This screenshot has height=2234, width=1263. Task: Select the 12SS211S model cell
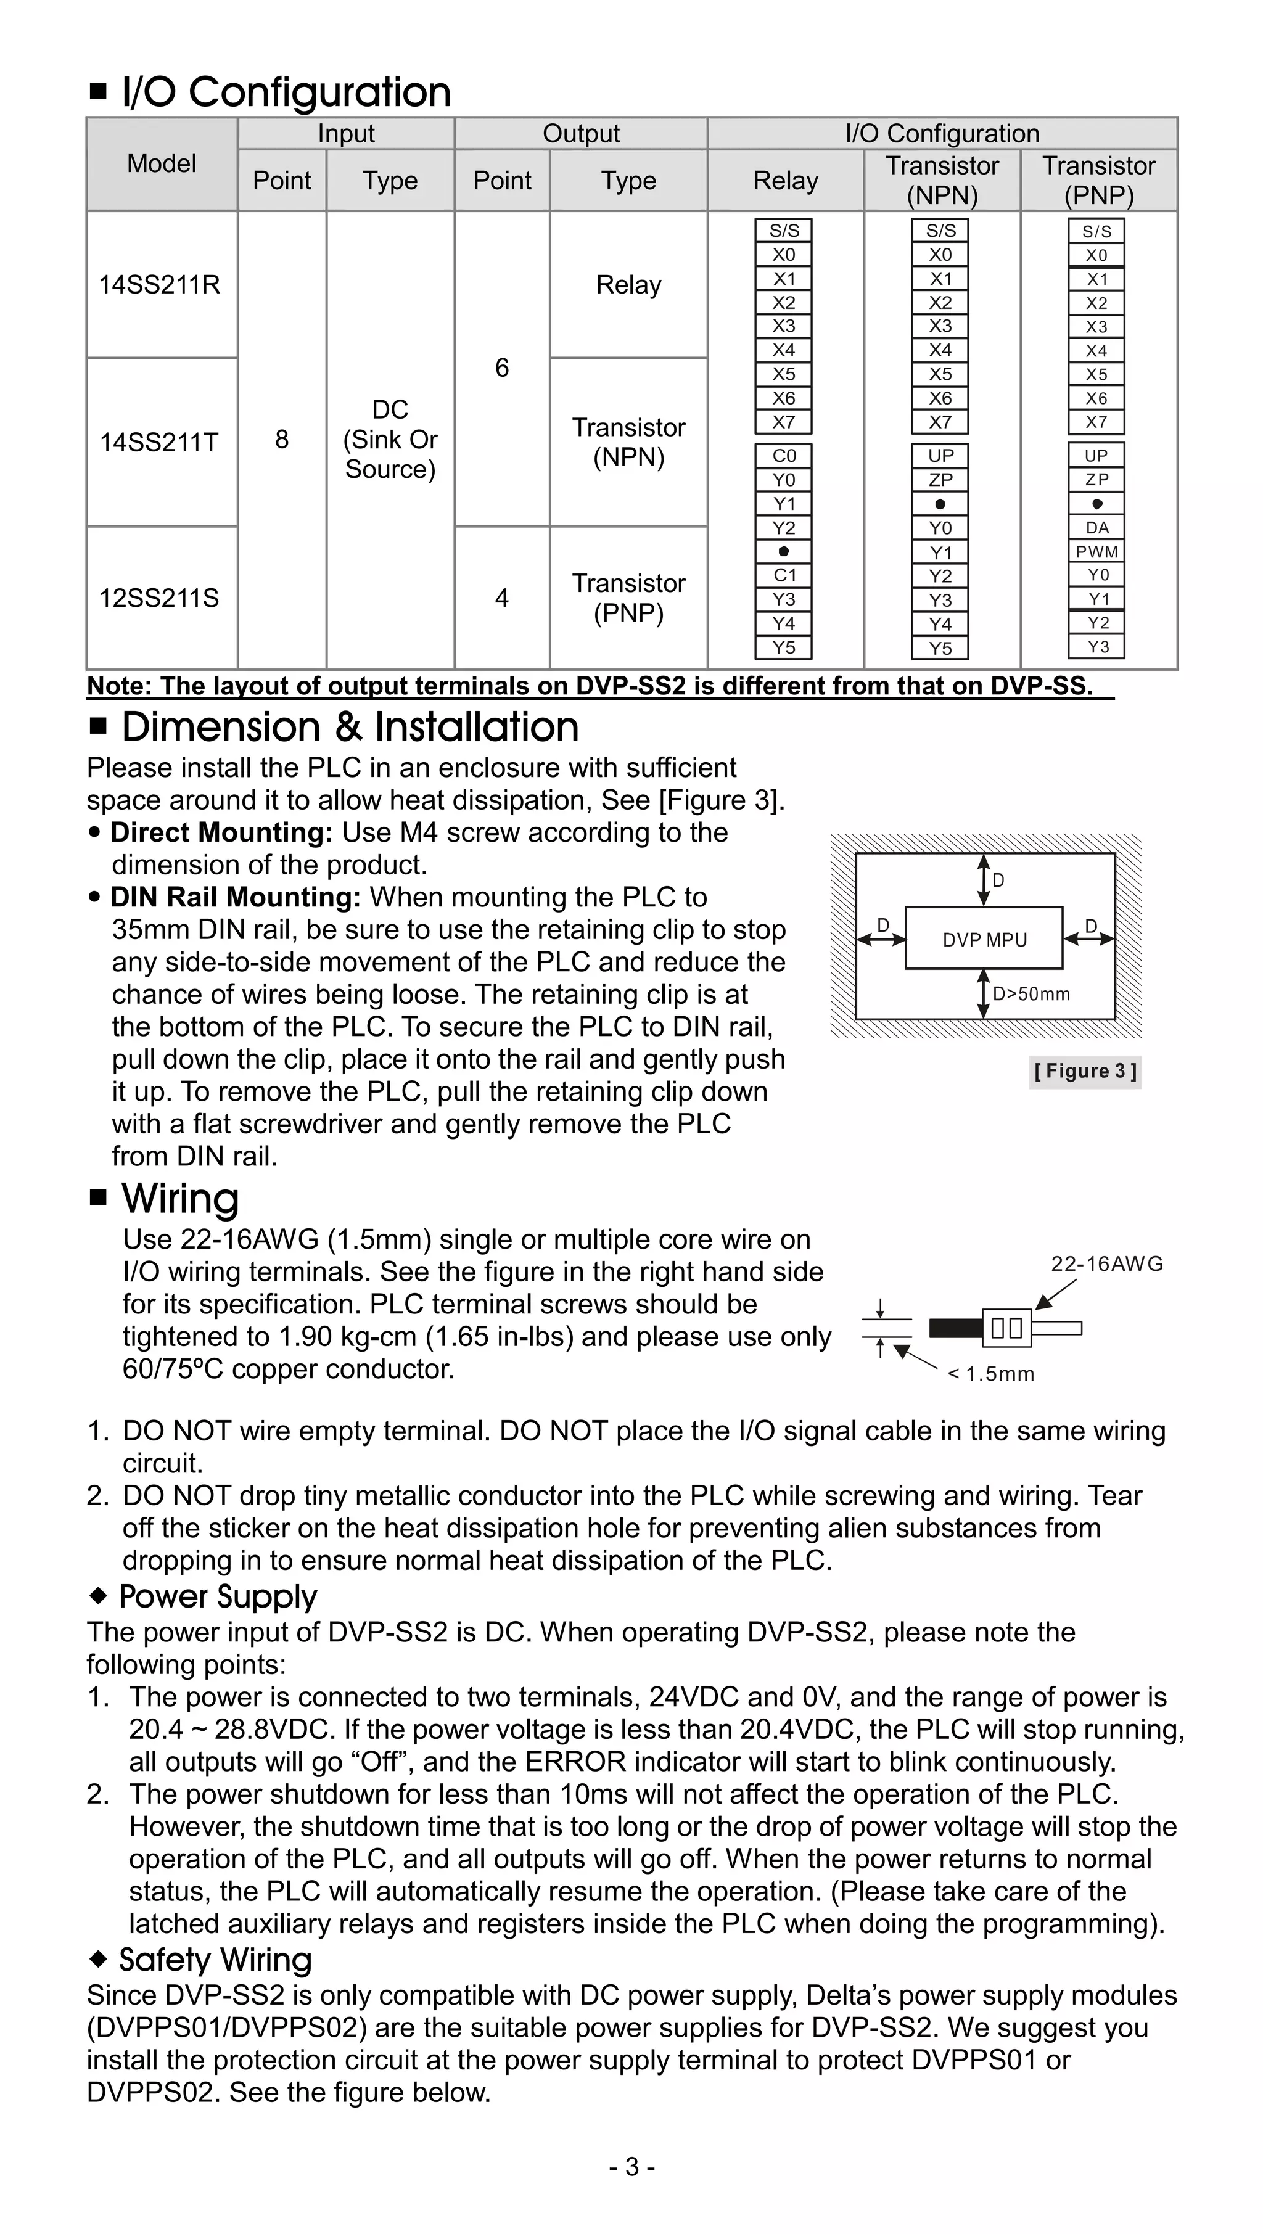click(160, 598)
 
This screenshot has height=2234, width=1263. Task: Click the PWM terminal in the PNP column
click(1096, 551)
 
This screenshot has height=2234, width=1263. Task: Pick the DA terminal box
click(1096, 527)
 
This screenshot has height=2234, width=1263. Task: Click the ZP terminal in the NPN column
click(940, 480)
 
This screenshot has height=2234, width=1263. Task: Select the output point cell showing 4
click(501, 598)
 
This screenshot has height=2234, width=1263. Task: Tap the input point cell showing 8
click(282, 440)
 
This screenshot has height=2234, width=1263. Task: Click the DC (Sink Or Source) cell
click(390, 440)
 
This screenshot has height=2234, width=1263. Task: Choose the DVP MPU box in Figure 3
click(984, 939)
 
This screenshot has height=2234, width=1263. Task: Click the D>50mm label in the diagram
click(1031, 994)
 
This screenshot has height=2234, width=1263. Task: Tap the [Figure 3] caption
click(1084, 1071)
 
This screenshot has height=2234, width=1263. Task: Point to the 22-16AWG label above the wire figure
click(1106, 1263)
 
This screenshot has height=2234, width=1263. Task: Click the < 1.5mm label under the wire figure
click(990, 1374)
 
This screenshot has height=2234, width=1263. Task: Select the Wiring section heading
click(179, 1199)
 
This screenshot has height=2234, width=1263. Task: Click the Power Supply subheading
click(218, 1596)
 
